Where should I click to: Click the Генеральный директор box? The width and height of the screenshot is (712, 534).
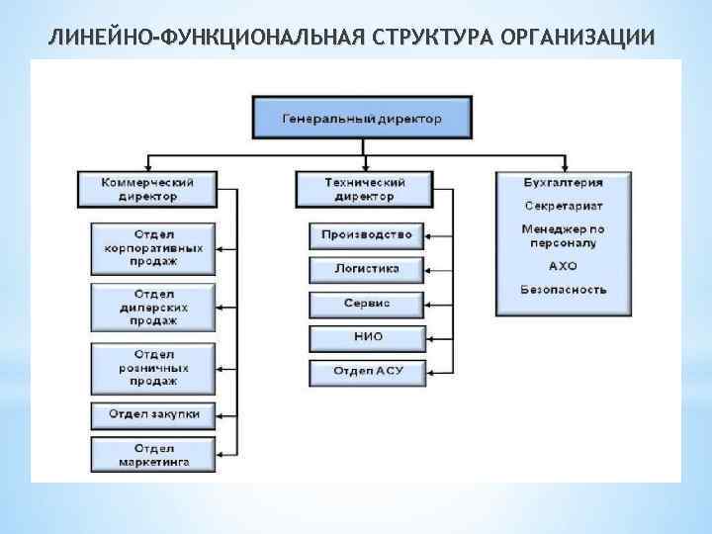(362, 118)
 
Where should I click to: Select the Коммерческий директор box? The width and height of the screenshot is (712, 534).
(146, 189)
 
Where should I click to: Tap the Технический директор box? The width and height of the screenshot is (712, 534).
(365, 189)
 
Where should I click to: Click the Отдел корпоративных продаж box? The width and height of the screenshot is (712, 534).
(153, 248)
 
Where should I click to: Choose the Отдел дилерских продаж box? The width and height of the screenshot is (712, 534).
(153, 308)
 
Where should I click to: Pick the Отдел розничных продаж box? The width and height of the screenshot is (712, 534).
(153, 367)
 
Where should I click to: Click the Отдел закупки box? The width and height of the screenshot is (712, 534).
(153, 414)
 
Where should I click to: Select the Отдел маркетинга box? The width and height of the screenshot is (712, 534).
(153, 455)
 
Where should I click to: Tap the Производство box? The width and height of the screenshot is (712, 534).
(366, 234)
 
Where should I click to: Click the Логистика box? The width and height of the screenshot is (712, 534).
(366, 268)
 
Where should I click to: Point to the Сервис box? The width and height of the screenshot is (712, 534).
(366, 303)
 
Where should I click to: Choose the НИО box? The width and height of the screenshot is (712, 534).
(366, 337)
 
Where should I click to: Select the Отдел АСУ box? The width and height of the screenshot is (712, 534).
(366, 371)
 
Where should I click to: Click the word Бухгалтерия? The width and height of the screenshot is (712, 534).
(563, 182)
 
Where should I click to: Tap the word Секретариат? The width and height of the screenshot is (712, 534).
(563, 206)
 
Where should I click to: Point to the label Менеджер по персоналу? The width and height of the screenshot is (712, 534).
(563, 235)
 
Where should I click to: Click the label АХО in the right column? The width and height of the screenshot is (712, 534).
(563, 266)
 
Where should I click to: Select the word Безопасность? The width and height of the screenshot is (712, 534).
(563, 290)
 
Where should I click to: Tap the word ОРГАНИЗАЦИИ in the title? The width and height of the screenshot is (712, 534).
(578, 38)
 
